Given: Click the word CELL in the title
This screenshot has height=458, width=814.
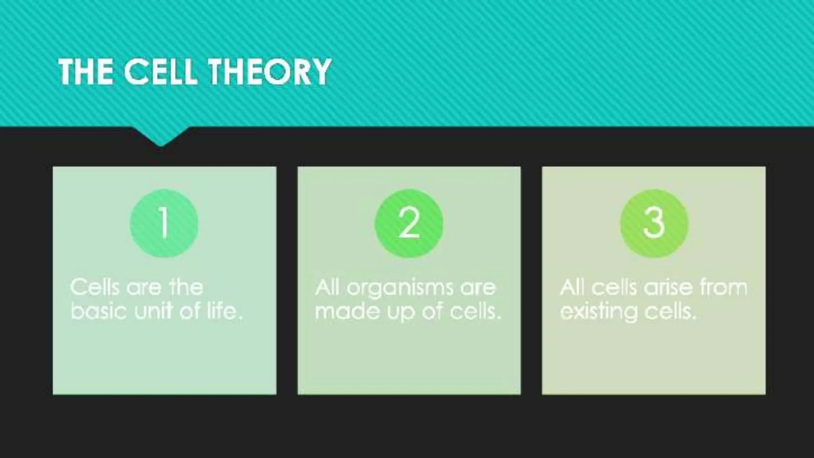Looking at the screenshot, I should [x=160, y=72].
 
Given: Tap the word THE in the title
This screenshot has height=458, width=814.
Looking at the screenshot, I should [x=85, y=72].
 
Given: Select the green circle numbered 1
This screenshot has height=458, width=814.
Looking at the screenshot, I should [x=164, y=223].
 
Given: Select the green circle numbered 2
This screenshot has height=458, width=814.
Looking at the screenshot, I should [x=409, y=223].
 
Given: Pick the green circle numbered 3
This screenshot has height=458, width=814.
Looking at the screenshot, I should [x=654, y=223].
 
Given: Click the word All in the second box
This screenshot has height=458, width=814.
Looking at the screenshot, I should [x=327, y=287].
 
